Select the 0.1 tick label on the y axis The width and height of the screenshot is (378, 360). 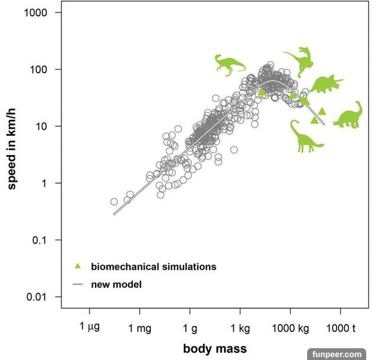[43, 240]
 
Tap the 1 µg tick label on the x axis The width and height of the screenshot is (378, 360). [90, 328]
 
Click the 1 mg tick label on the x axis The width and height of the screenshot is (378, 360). [139, 328]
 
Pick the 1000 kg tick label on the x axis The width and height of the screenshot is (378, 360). [290, 328]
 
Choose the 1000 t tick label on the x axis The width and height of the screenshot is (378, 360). [340, 328]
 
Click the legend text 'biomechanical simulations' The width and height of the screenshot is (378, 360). [154, 267]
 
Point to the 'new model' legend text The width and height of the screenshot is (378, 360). [116, 284]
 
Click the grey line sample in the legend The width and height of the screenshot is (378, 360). [77, 284]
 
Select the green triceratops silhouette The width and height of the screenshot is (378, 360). [326, 84]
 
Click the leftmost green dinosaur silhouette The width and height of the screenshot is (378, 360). [229, 64]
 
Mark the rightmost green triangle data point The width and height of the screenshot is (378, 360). [322, 111]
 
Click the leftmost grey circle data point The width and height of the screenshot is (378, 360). [114, 202]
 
